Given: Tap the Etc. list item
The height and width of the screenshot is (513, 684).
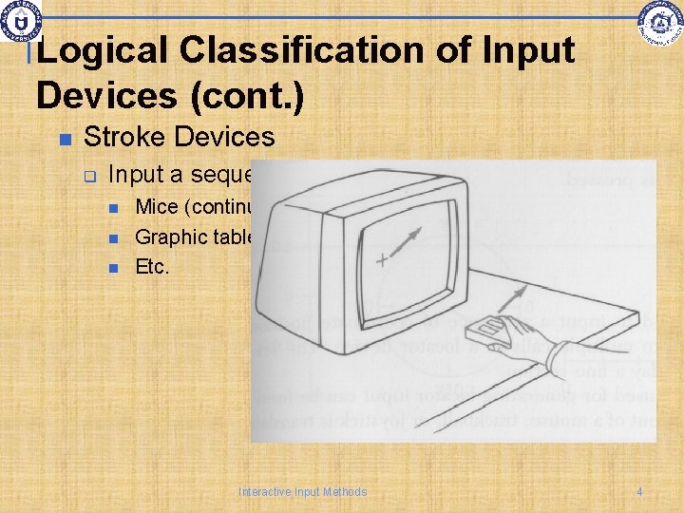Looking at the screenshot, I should click(152, 267).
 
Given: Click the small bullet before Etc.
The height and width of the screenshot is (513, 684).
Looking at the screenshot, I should click(114, 268).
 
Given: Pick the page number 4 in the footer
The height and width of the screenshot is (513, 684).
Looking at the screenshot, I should click(639, 491).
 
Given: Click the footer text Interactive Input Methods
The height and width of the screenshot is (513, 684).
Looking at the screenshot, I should click(302, 491).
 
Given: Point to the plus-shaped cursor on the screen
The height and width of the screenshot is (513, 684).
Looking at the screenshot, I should click(382, 260).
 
